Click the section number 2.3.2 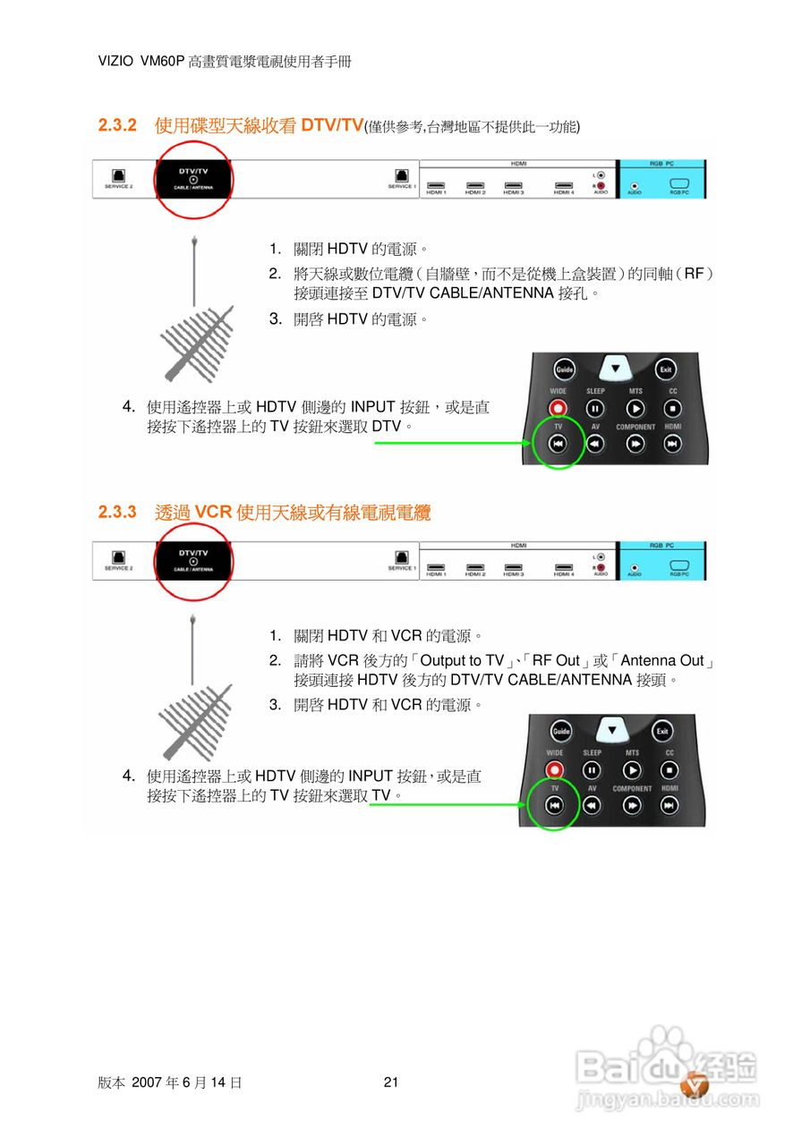click(x=116, y=125)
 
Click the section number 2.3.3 click(x=116, y=513)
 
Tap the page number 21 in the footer click(x=390, y=1082)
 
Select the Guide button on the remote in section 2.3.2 click(x=564, y=369)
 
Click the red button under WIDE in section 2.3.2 click(x=558, y=409)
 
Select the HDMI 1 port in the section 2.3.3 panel click(x=436, y=567)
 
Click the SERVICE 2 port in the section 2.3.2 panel click(x=118, y=176)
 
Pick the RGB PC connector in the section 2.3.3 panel click(x=678, y=566)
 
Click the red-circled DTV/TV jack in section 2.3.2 click(x=193, y=180)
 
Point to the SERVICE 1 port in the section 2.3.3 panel click(x=401, y=557)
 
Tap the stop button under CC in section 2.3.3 click(x=669, y=770)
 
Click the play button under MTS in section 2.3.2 click(x=635, y=409)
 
